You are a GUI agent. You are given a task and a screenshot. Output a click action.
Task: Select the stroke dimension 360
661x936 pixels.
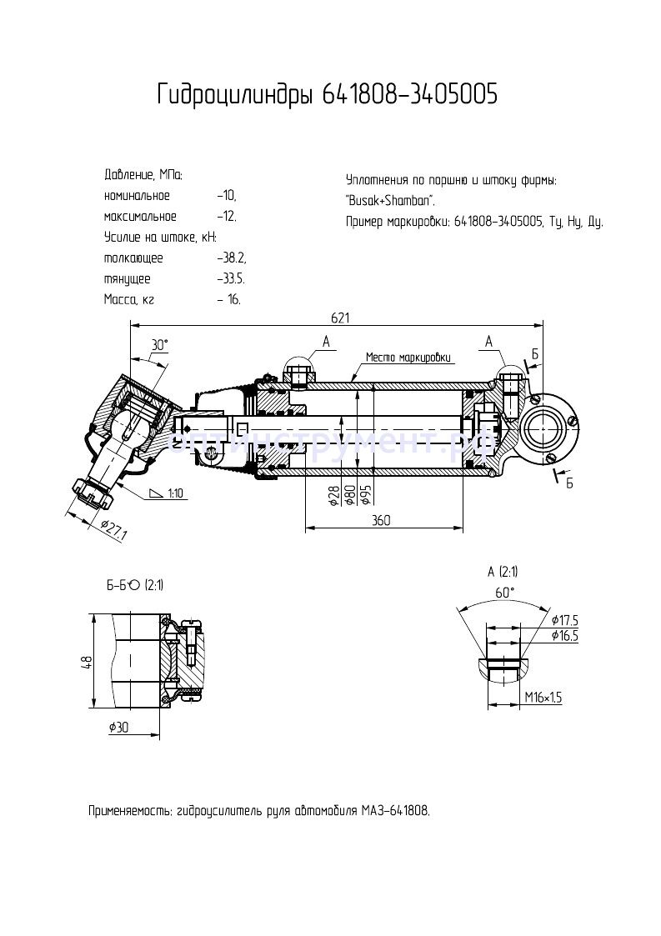381,519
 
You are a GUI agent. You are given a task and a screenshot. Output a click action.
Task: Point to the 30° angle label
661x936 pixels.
158,344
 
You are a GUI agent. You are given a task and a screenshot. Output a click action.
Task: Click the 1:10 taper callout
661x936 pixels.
175,493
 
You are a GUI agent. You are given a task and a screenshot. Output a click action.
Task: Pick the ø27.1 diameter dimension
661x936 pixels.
113,529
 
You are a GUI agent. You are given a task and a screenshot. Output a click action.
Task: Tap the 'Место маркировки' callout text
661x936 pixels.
409,358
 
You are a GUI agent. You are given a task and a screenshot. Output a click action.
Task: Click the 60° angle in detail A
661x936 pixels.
505,592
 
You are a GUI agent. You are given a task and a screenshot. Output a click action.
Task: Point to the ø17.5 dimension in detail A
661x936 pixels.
564,619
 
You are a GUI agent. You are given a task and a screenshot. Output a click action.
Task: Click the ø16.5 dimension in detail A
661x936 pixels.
564,635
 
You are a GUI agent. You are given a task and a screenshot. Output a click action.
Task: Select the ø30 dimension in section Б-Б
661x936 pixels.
120,727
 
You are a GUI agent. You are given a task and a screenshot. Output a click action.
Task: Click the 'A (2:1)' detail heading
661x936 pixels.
503,571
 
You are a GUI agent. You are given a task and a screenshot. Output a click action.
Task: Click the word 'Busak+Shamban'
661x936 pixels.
389,201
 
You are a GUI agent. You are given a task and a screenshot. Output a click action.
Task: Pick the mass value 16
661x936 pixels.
233,299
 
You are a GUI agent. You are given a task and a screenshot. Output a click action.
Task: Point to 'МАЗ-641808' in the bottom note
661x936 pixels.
395,810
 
